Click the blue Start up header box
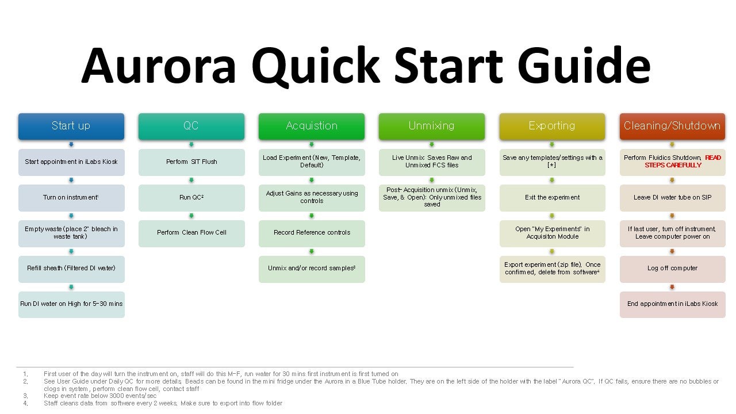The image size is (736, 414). tap(71, 126)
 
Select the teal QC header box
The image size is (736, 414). tap(191, 126)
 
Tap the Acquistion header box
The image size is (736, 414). tap(312, 126)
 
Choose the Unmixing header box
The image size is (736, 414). tap(432, 126)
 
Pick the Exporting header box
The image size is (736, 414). tap(552, 126)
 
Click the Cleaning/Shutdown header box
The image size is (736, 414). tap(672, 126)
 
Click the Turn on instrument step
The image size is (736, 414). tap(71, 198)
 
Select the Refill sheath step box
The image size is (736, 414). tap(71, 269)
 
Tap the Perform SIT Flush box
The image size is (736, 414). tap(191, 162)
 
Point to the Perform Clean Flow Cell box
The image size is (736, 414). tap(191, 233)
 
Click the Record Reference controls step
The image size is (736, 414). tap(312, 233)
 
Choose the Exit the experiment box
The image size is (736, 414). tap(553, 198)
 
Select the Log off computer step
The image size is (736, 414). tap(673, 269)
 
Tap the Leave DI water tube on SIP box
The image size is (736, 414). tap(673, 198)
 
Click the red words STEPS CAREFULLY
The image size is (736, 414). tap(673, 165)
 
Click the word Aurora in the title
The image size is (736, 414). tap(158, 66)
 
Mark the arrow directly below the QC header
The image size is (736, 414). tap(191, 144)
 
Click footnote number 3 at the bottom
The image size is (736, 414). tap(26, 396)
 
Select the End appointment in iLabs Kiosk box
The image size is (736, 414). tap(673, 305)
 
